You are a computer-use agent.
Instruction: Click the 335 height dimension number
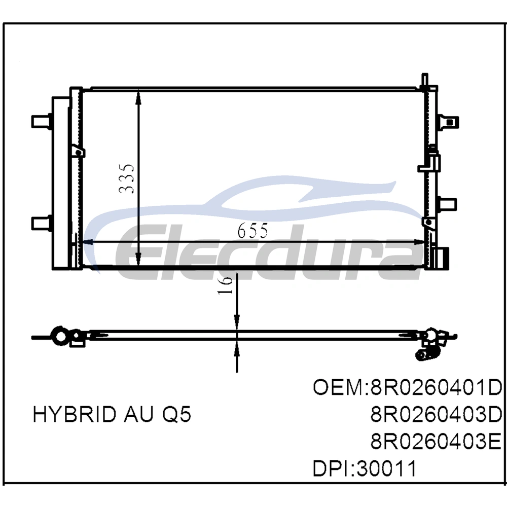pos(126,179)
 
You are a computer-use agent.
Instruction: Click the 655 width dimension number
pos(253,231)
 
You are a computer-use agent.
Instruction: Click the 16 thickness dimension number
pos(225,285)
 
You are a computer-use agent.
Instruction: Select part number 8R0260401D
pos(436,387)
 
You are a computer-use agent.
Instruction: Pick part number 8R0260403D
pos(436,415)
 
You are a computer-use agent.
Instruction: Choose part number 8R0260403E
pos(436,442)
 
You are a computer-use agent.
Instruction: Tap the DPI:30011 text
pos(365,469)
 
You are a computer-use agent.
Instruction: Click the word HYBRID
pos(75,414)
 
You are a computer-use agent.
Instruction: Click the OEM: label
pos(341,387)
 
